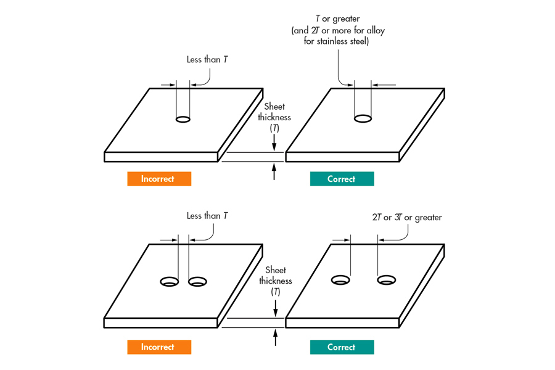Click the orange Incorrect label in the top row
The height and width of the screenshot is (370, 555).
click(159, 179)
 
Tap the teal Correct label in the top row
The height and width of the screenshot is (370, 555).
click(342, 179)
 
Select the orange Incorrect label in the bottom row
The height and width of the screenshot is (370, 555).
click(159, 347)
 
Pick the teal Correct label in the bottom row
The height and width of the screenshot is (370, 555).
click(342, 347)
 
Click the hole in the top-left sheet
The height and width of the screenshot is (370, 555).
click(183, 119)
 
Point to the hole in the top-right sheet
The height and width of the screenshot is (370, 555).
click(362, 118)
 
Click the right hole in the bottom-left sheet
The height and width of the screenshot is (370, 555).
click(197, 282)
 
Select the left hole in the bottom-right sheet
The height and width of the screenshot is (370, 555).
click(340, 281)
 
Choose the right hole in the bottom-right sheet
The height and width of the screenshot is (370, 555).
click(387, 281)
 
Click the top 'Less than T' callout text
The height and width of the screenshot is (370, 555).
click(207, 60)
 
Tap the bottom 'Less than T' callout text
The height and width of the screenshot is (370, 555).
click(207, 216)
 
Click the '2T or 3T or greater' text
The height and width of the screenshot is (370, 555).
click(407, 217)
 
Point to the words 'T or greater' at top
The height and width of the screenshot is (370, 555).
click(338, 20)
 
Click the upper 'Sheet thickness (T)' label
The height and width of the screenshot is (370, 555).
click(274, 117)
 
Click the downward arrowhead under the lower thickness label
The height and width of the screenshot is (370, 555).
click(275, 310)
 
